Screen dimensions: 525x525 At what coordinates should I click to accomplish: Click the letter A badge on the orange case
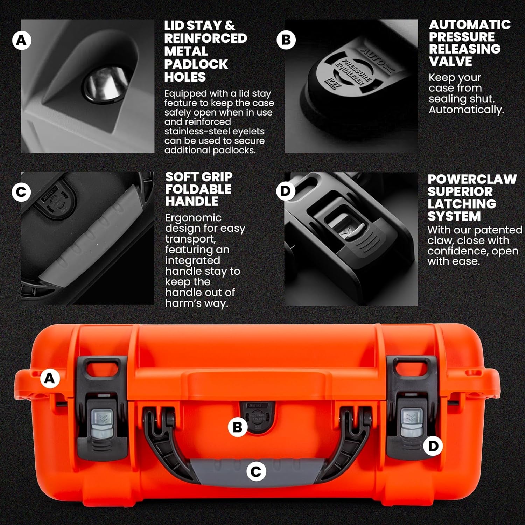(50, 379)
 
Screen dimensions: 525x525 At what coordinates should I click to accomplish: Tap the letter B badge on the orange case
(238, 427)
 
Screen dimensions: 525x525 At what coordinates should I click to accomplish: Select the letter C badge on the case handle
(256, 472)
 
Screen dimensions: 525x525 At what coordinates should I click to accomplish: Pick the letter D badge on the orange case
(433, 446)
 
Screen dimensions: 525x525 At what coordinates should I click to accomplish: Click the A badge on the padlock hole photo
(22, 41)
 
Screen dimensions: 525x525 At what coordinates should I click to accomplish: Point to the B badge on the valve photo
(286, 40)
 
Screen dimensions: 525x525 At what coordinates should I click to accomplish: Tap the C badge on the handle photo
(21, 192)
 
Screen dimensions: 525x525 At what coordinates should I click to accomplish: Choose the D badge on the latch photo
(286, 191)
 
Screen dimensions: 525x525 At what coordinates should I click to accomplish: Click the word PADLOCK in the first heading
(196, 64)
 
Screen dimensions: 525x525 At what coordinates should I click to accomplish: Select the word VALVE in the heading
(450, 61)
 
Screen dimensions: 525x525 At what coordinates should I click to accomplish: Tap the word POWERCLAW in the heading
(472, 179)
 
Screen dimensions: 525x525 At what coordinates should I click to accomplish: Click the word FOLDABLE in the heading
(198, 189)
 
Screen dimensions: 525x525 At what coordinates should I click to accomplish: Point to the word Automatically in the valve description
(466, 110)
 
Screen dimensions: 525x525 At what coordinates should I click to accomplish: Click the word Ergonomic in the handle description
(193, 218)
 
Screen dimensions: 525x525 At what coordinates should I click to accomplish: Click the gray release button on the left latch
(102, 423)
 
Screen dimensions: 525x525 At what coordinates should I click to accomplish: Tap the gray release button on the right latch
(412, 423)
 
